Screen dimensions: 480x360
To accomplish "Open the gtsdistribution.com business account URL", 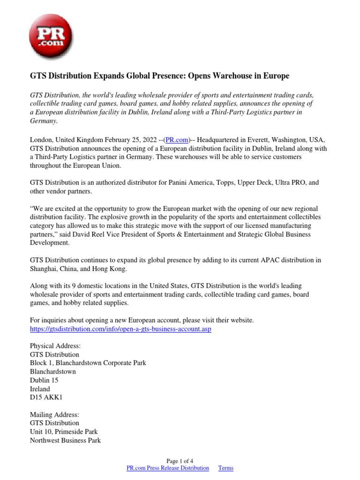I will pos(120,329).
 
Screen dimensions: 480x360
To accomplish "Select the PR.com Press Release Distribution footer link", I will pos(168,468).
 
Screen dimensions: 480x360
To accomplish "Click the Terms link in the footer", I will pos(225,468).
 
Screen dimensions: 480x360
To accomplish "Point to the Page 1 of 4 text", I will pos(180,461).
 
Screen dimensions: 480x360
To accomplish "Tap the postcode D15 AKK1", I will pos(46,397).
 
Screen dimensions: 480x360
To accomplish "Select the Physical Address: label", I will pos(55,346).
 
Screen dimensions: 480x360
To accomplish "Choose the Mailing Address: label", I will pos(54,414).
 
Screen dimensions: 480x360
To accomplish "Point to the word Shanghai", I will pos(45,269).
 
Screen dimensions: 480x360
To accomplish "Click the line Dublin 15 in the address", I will pos(44,380).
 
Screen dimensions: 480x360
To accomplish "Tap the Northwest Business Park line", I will pos(65,440).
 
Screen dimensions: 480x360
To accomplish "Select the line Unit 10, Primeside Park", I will pos(64,431).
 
